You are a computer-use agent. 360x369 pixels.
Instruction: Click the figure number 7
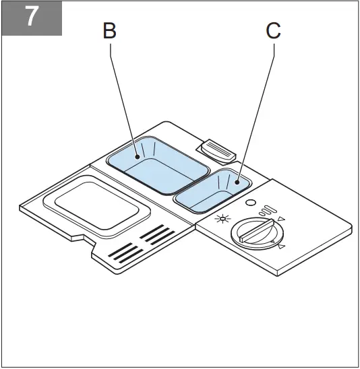pos(31,18)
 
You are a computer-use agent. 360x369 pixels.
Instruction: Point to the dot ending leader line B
pos(140,157)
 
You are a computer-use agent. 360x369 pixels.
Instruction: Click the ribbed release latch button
pos(216,150)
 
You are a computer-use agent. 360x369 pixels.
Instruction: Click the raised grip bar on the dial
pos(254,231)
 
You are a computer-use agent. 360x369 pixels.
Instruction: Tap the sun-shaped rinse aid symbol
pos(220,221)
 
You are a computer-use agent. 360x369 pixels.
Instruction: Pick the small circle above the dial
pos(250,203)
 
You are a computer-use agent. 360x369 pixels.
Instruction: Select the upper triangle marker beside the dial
pos(281,219)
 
